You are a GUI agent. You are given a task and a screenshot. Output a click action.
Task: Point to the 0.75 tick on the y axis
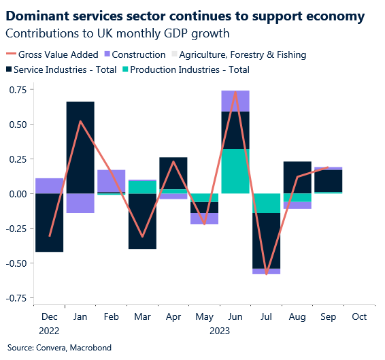(18, 90)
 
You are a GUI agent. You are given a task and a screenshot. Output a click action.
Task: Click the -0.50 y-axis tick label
(16, 263)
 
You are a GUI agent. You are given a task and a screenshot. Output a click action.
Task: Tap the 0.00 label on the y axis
(18, 194)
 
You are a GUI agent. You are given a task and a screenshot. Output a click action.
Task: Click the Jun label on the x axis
(235, 317)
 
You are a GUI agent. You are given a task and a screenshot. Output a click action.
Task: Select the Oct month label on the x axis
(359, 317)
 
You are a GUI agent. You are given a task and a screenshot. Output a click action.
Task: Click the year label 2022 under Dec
(49, 331)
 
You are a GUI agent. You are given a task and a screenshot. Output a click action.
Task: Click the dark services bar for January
(80, 147)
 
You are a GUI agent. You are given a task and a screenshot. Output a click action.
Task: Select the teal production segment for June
(235, 171)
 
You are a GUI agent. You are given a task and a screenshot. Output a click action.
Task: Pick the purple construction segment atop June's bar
(235, 101)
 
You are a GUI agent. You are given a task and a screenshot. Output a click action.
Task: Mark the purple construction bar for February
(111, 181)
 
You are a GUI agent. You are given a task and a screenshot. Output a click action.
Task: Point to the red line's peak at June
(235, 92)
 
